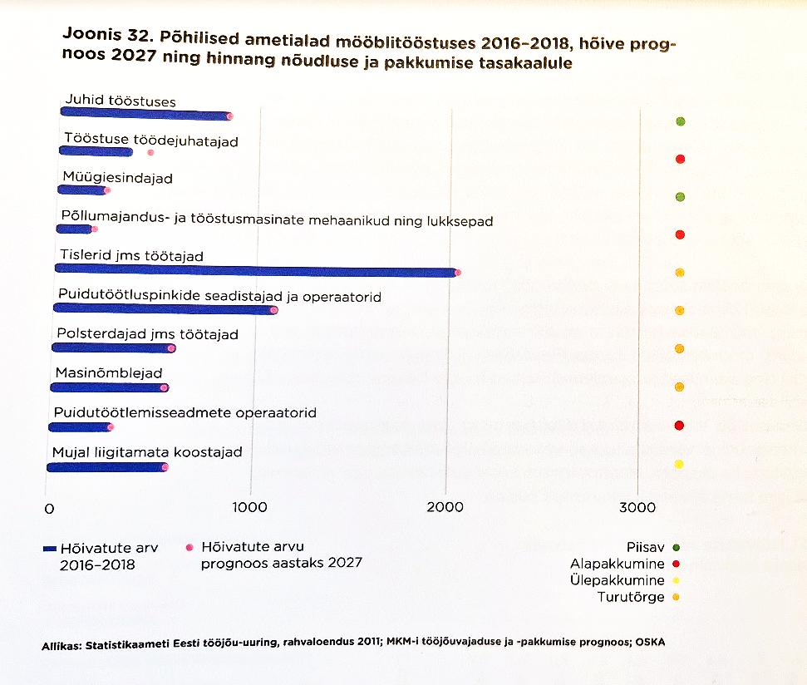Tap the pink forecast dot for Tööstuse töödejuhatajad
point(150,152)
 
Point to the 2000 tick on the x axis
point(445,507)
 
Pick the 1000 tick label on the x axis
point(248,507)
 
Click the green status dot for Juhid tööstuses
point(681,122)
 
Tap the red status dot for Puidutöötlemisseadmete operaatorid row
point(679,426)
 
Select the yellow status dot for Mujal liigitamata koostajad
point(679,464)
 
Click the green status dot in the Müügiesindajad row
point(680,197)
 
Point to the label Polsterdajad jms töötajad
point(147,334)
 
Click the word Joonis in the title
point(86,37)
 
